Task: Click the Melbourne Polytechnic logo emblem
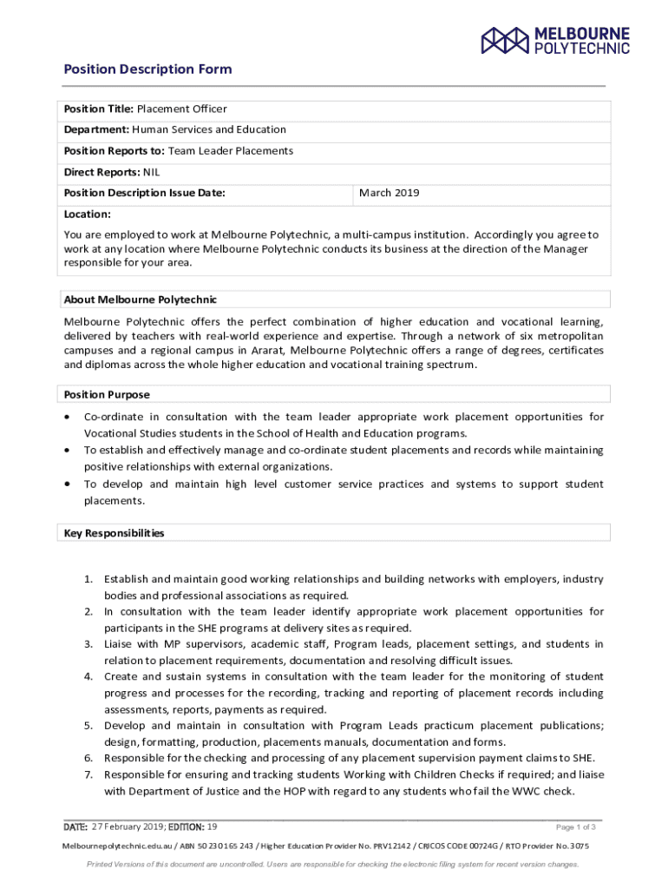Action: click(x=505, y=40)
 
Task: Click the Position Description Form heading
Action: click(x=147, y=69)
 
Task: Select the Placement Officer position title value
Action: click(x=181, y=109)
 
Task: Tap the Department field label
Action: click(x=96, y=130)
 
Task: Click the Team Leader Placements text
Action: click(x=230, y=151)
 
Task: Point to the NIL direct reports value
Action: click(x=151, y=172)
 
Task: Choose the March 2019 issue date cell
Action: click(x=389, y=193)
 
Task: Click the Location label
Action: click(x=87, y=214)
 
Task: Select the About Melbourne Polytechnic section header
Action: click(x=140, y=300)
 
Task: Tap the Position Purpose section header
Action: click(x=106, y=395)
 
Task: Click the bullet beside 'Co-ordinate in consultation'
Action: click(x=68, y=418)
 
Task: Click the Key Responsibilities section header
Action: click(x=114, y=533)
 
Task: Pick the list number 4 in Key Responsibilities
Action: click(x=88, y=676)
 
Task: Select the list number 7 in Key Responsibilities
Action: click(x=88, y=774)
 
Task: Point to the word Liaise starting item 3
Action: click(x=119, y=644)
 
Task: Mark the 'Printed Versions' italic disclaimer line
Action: click(x=333, y=865)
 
